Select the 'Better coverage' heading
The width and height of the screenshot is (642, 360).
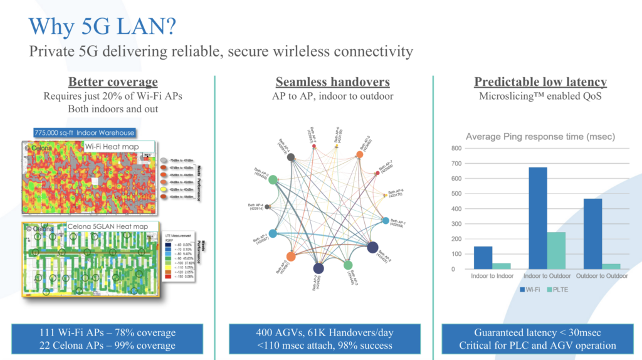[113, 82]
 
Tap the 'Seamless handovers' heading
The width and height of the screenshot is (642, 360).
[324, 82]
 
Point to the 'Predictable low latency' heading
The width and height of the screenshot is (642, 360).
[540, 82]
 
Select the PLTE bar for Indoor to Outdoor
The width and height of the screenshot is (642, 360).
[556, 250]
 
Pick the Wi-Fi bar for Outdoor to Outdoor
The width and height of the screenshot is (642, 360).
[593, 234]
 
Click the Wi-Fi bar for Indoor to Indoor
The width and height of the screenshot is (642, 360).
[483, 258]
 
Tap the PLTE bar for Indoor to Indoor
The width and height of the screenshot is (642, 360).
[502, 266]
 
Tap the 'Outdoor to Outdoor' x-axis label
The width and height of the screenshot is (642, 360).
[603, 276]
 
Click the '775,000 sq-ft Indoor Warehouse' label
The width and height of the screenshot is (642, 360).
[85, 132]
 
